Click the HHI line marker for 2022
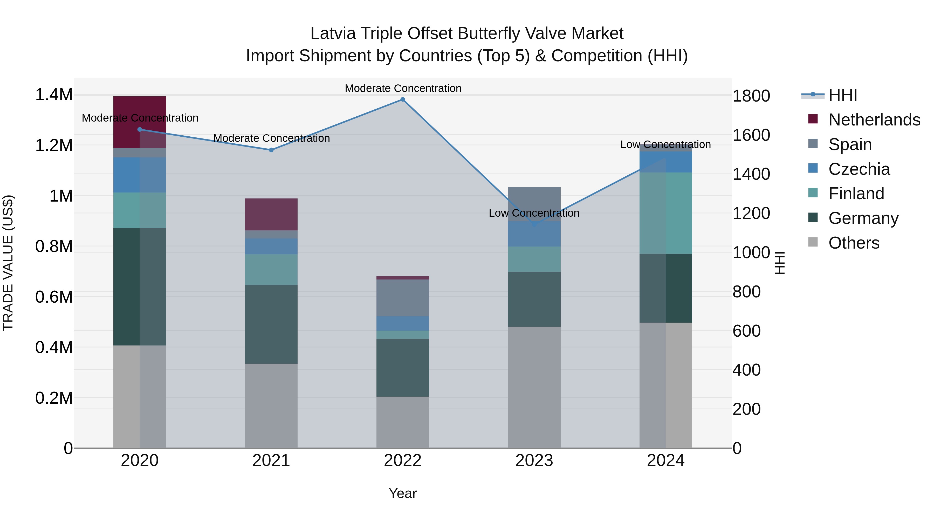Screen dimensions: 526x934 [402, 99]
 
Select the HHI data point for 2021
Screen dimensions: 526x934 [271, 150]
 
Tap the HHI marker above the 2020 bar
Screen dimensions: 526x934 [140, 129]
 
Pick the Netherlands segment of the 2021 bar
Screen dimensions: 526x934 [271, 214]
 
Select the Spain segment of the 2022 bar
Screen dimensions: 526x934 [402, 298]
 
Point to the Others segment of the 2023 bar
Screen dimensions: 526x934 [534, 387]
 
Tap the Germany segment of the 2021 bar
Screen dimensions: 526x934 [271, 324]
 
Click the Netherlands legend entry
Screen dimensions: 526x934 [874, 120]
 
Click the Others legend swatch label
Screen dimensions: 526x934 [854, 243]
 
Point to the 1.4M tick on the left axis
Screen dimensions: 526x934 [54, 95]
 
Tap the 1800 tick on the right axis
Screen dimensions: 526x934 [751, 96]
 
